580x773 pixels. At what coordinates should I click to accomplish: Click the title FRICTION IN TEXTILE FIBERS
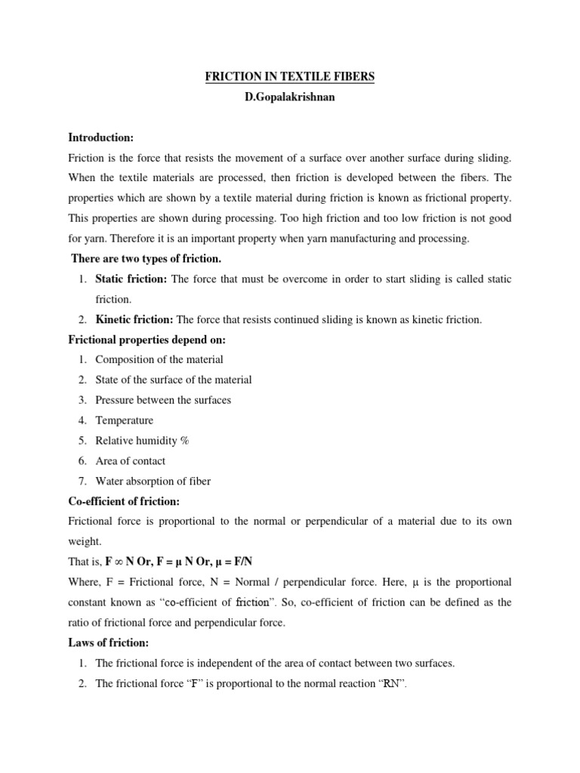289,78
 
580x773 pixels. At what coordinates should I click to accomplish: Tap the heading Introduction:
100,137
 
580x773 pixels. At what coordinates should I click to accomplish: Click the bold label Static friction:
131,279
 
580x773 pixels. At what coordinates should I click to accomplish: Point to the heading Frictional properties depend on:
147,340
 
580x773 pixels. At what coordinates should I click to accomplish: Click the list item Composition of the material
159,360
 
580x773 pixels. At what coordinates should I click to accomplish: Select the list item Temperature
124,420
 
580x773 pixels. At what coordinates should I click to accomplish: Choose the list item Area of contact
131,461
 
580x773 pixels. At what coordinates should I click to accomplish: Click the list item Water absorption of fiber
153,482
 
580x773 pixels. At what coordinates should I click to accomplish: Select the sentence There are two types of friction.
146,259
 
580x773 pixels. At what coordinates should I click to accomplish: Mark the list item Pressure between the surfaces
163,400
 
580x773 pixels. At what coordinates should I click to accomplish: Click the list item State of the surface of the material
174,380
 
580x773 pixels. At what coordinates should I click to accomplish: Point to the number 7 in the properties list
82,482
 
